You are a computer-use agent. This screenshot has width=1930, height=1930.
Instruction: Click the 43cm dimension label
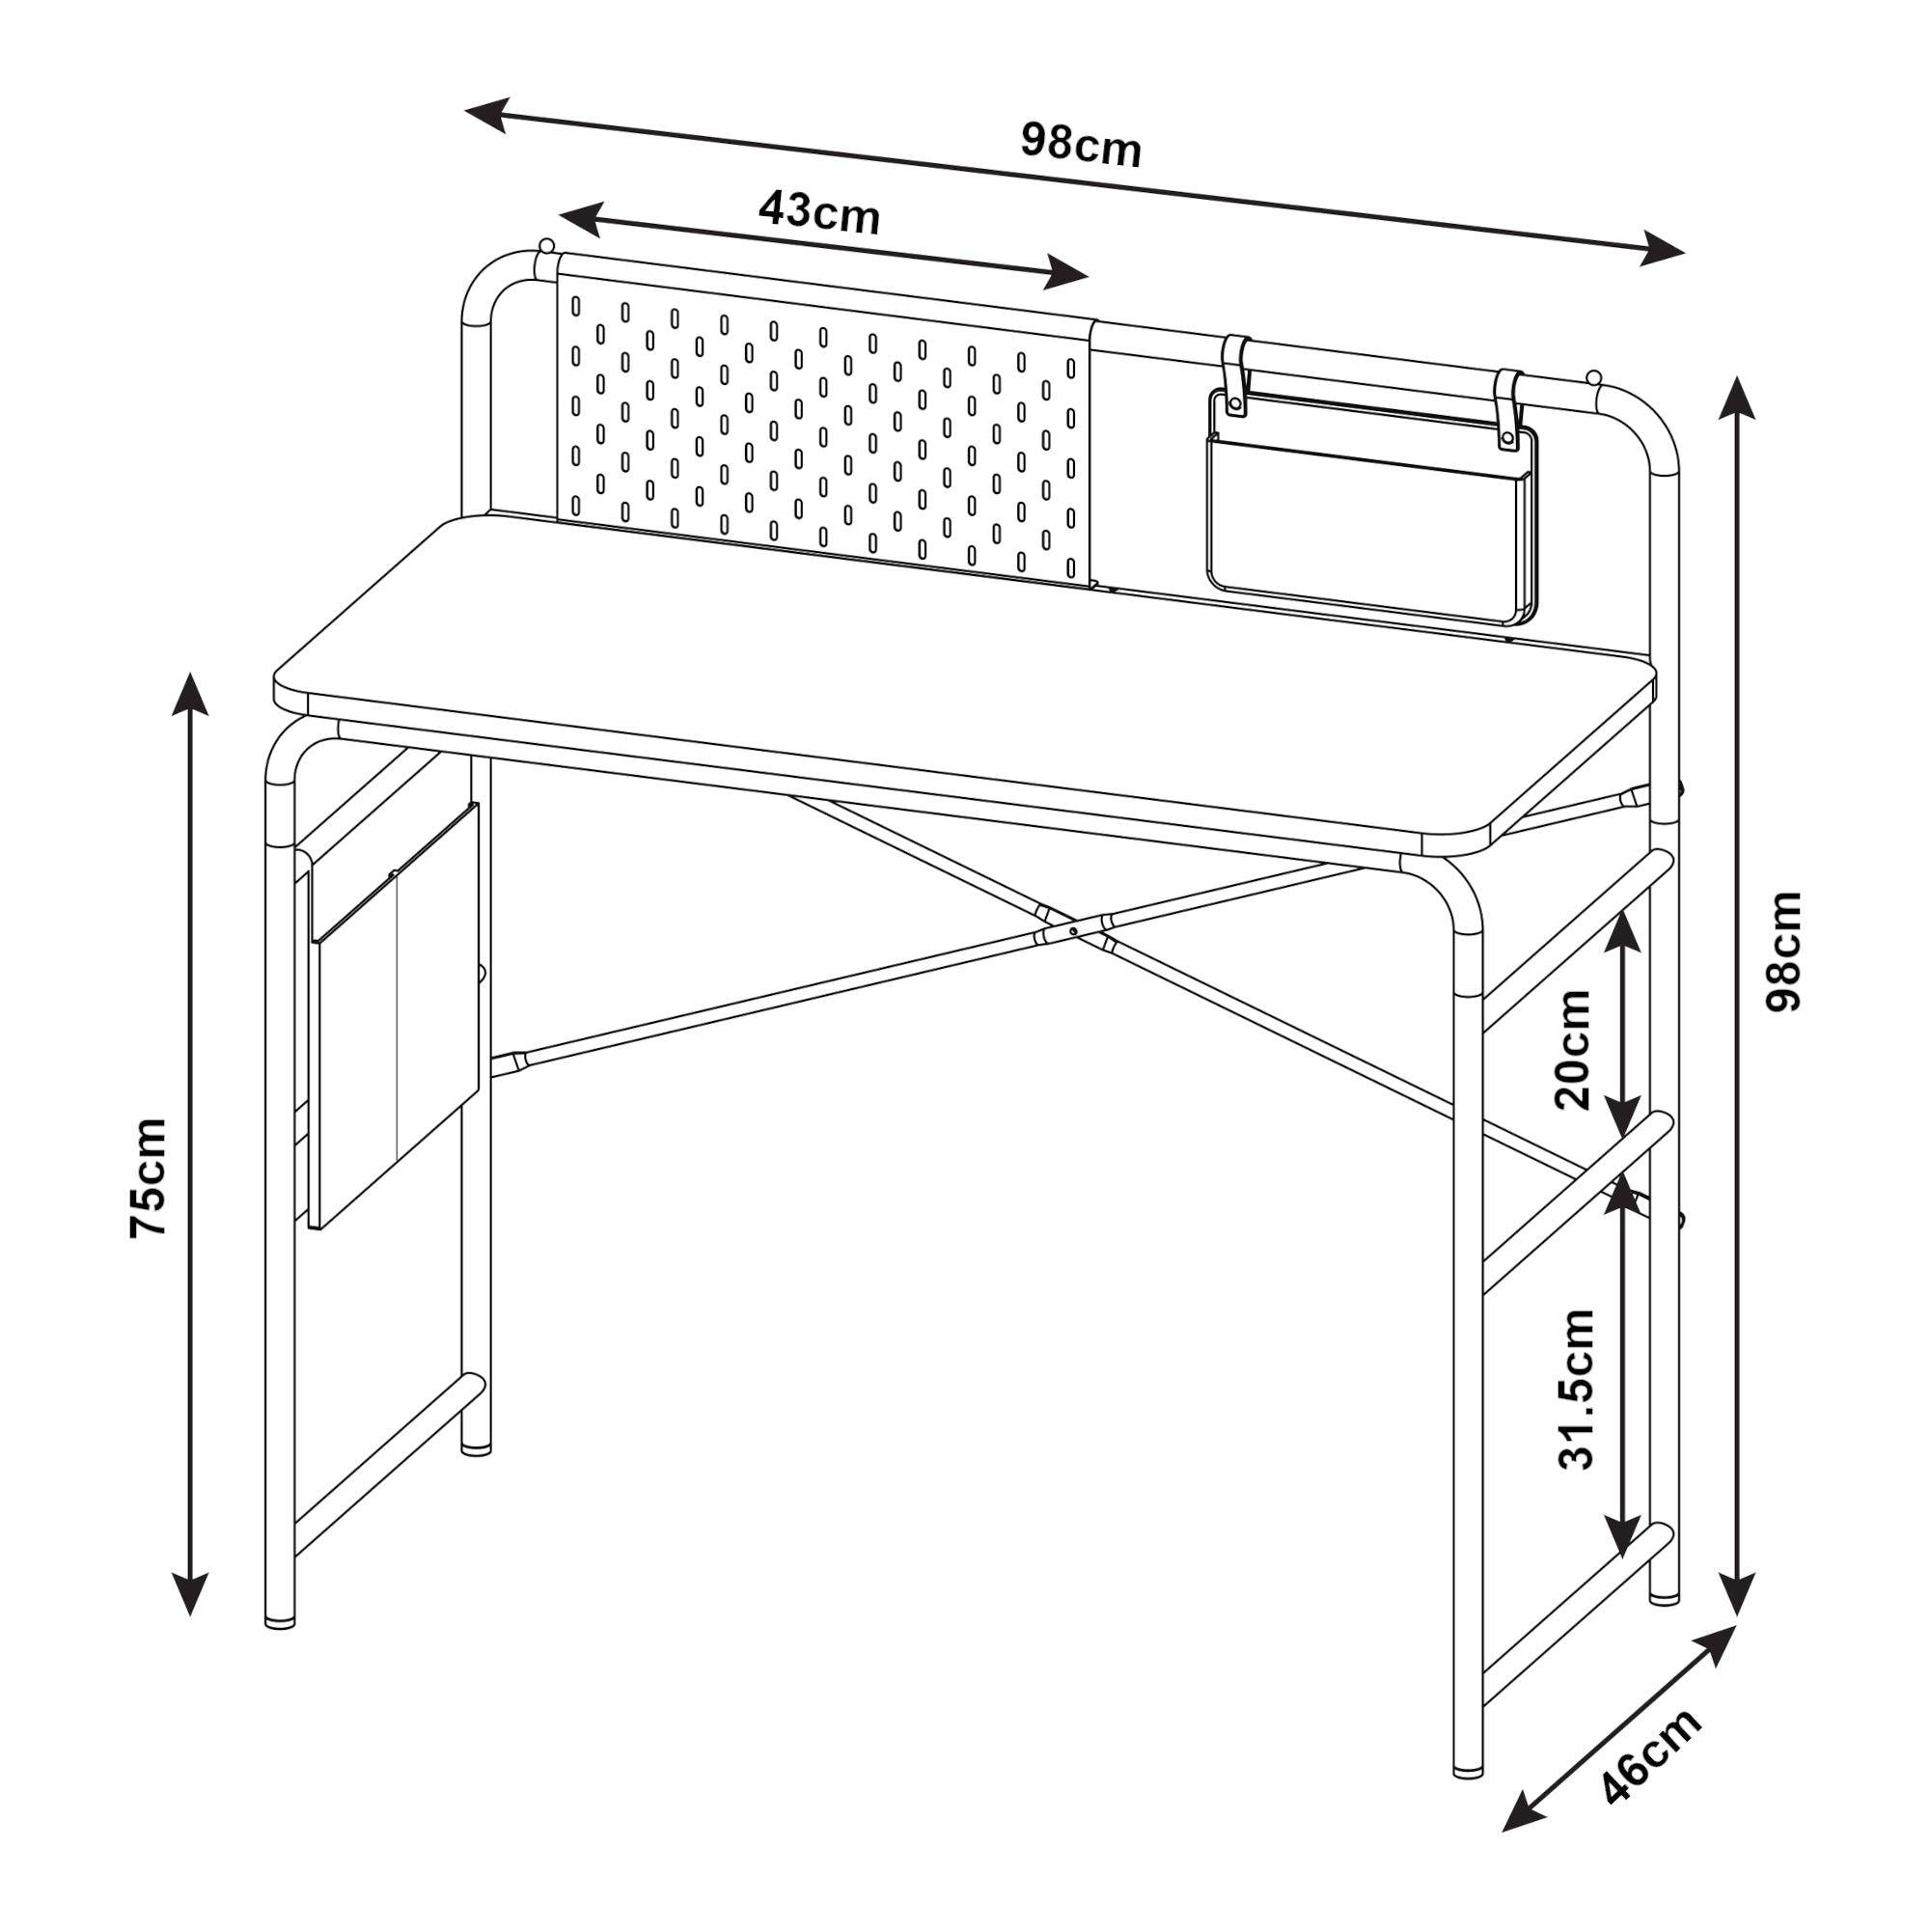818,212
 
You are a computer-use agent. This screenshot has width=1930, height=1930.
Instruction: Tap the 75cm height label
149,1179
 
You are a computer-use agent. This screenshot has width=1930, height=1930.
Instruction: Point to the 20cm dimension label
1574,1049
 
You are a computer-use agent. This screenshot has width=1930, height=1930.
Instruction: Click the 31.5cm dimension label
1578,1389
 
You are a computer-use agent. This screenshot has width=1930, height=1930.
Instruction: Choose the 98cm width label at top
1080,146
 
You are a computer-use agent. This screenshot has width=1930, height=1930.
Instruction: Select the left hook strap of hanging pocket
1236,374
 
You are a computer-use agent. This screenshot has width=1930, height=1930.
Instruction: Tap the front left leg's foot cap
280,1622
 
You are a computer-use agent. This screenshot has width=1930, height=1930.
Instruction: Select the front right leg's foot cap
1468,1772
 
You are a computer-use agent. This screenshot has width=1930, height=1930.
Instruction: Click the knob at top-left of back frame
545,246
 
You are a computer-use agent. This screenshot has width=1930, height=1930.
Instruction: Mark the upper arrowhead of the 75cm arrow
190,694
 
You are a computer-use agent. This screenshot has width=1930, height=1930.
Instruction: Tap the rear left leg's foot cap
477,1447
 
